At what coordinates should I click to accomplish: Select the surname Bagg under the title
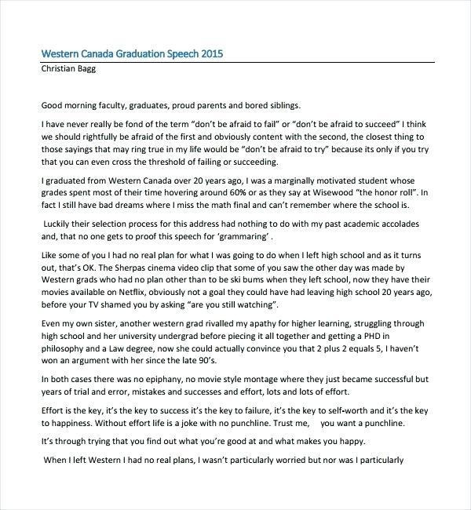91,69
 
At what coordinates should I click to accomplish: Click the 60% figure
292,191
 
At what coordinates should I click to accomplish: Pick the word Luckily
60,224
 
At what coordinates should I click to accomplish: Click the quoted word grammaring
244,237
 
